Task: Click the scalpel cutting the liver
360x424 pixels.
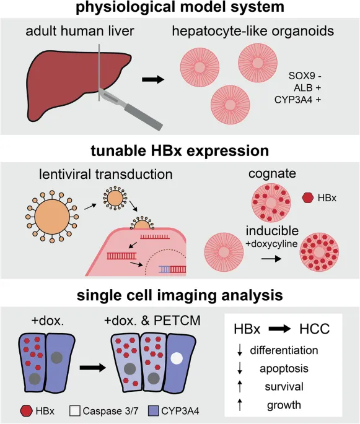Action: [x=130, y=108]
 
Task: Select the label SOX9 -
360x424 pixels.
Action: [x=305, y=76]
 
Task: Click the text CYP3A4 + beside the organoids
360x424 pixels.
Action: [x=298, y=100]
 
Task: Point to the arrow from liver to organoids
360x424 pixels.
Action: [x=153, y=79]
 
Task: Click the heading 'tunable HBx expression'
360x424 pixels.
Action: [x=180, y=150]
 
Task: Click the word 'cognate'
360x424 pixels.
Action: [x=272, y=174]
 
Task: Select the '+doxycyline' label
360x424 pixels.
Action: [x=271, y=244]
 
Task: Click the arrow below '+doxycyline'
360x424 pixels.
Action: [x=271, y=259]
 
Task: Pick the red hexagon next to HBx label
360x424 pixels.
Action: [x=308, y=197]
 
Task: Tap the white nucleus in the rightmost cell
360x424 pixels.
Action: [x=177, y=358]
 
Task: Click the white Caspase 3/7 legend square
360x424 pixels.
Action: [x=75, y=411]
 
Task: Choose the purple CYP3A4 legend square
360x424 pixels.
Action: [x=154, y=411]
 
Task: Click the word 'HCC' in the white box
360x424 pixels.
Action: [x=315, y=329]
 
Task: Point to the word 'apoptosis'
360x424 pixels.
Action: [x=284, y=368]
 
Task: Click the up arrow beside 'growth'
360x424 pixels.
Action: [x=240, y=405]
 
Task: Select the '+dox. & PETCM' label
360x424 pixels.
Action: [x=152, y=321]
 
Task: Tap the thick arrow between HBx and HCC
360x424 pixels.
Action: [x=280, y=329]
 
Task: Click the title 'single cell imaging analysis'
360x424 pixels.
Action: [x=180, y=295]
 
